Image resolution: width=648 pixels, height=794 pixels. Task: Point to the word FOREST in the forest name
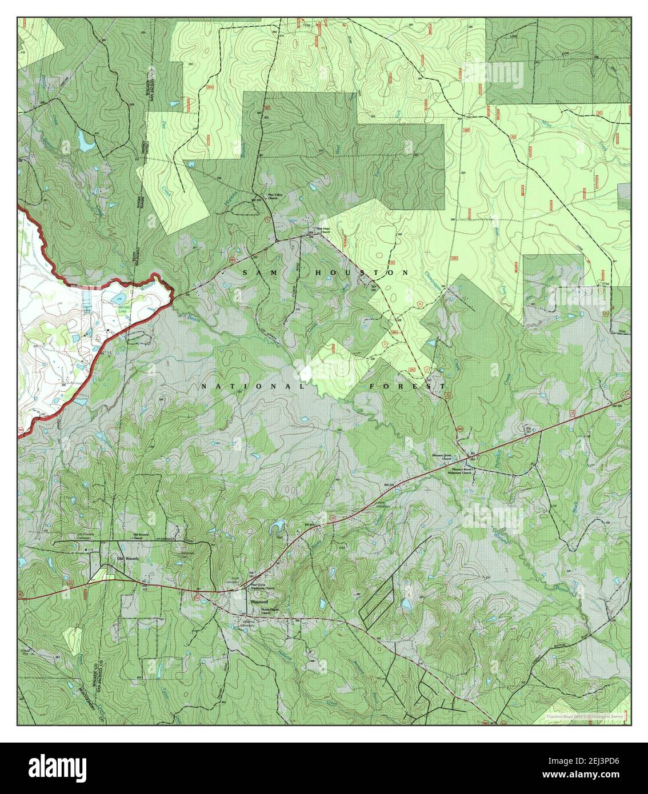406,387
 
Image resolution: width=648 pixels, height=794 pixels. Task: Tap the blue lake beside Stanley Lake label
118,298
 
